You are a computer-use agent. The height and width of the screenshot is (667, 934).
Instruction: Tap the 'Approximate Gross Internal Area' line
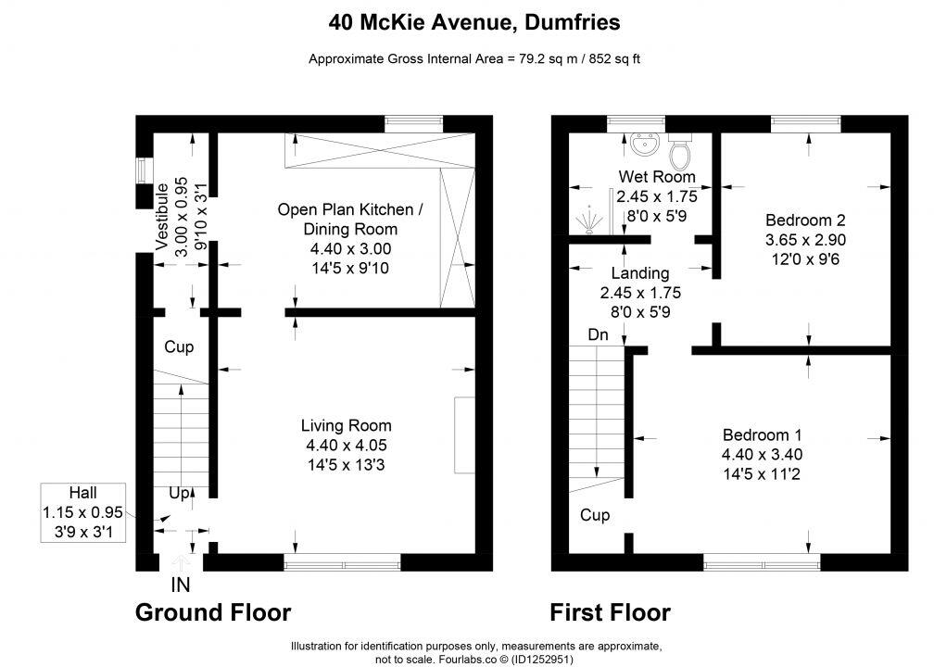point(473,59)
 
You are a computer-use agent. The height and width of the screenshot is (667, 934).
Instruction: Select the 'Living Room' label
point(346,426)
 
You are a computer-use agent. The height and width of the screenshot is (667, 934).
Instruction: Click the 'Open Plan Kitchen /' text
point(350,210)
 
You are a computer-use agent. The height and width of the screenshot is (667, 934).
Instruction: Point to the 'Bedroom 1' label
point(762,434)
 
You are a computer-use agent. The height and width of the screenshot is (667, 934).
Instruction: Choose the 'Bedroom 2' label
point(804,220)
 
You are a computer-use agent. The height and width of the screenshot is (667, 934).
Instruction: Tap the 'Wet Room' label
point(657,177)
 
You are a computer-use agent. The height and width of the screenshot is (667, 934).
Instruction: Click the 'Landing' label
point(639,273)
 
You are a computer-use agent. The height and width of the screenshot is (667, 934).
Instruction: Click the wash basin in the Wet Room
point(643,144)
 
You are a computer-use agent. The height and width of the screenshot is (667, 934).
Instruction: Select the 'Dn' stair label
point(598,335)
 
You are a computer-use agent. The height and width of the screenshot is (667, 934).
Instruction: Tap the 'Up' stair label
point(179,494)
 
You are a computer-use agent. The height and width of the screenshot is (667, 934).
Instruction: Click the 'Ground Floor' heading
point(213,612)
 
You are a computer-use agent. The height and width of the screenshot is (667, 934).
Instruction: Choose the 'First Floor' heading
point(610,612)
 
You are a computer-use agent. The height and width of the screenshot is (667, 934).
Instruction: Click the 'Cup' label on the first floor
point(595,514)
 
